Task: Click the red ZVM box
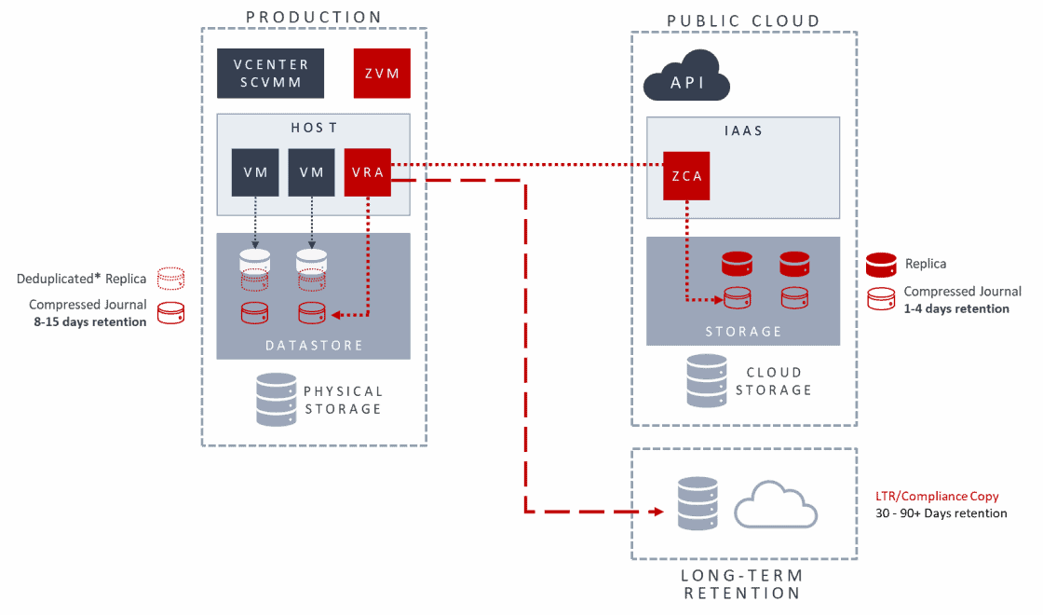click(x=382, y=74)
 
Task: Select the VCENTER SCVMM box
click(x=271, y=74)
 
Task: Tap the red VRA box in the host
click(x=368, y=172)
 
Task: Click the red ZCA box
click(x=686, y=175)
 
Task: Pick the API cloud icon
click(x=687, y=78)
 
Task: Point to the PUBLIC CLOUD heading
click(x=744, y=20)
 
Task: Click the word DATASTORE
click(x=313, y=345)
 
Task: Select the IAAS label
click(x=743, y=131)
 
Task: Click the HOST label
click(x=313, y=127)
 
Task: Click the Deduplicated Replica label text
click(x=81, y=279)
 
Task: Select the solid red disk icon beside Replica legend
click(x=881, y=264)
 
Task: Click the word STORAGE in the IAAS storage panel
click(x=743, y=331)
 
